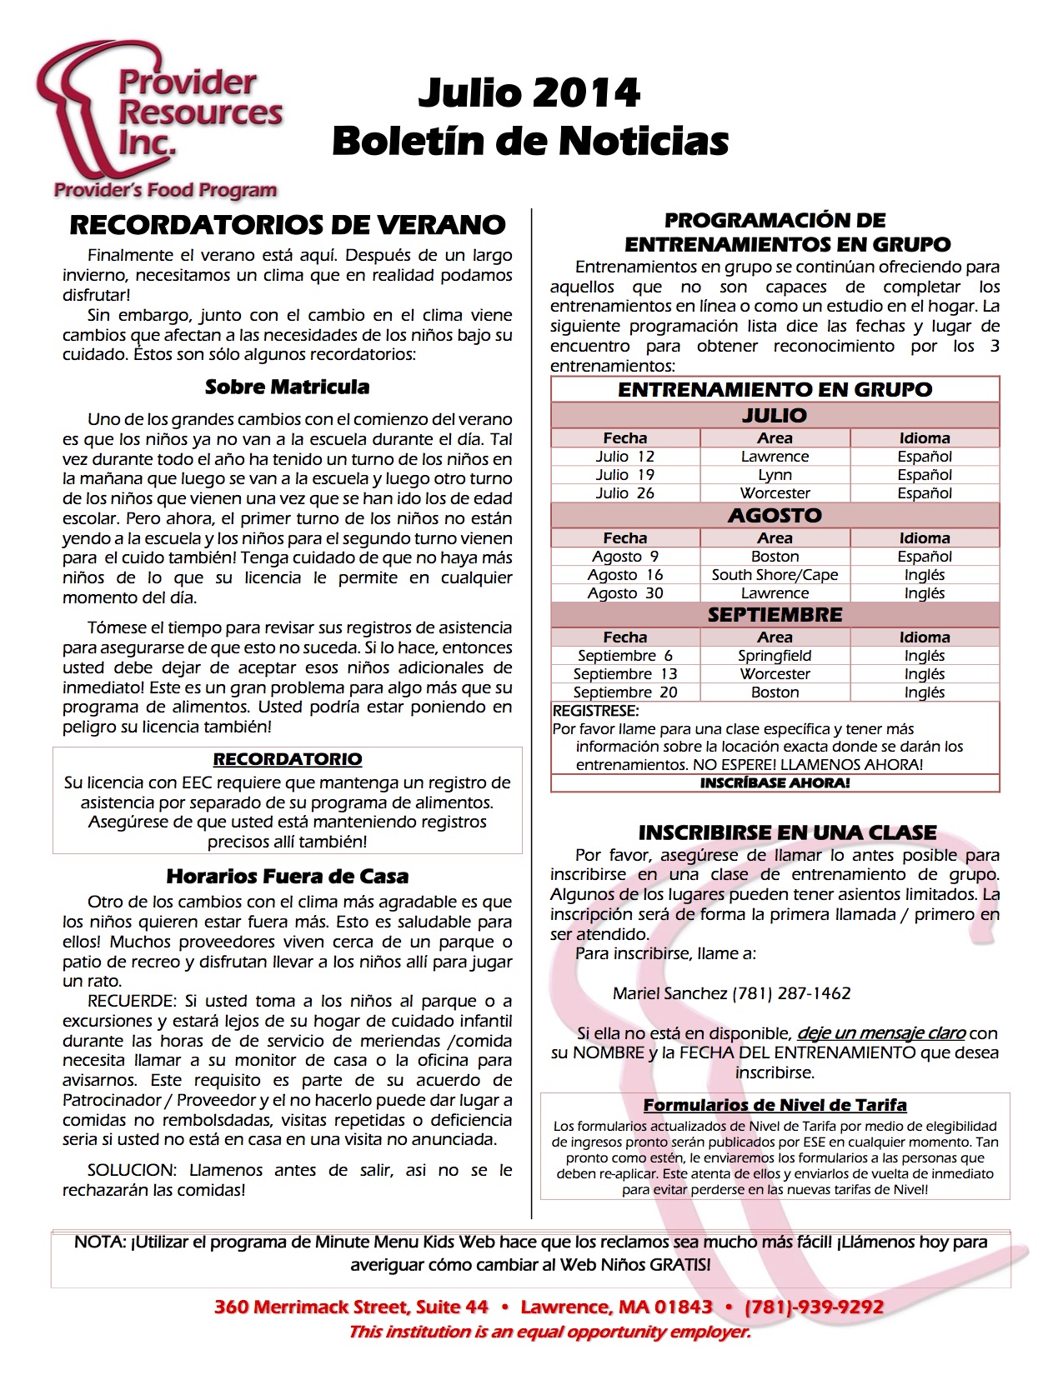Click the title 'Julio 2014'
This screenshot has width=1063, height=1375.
[x=529, y=92]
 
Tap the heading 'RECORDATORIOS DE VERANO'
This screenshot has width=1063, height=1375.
[x=288, y=225]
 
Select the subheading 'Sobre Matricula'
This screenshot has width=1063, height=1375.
[x=287, y=387]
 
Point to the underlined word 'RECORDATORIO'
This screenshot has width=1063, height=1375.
[x=288, y=759]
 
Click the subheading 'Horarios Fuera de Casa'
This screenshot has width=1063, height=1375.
[x=288, y=876]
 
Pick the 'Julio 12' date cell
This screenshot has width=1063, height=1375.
[x=624, y=457]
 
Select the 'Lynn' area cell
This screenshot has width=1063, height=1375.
[x=775, y=475]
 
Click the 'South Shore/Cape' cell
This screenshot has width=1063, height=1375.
[x=775, y=575]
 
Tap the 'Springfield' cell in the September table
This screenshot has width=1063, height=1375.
[x=775, y=656]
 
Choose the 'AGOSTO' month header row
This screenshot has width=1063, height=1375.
[x=775, y=516]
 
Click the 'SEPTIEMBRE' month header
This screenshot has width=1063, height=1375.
[x=775, y=615]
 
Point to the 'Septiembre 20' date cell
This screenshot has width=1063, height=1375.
[x=624, y=692]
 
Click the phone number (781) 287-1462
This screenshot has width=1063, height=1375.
[x=791, y=993]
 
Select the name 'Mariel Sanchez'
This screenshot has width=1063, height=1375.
[x=669, y=993]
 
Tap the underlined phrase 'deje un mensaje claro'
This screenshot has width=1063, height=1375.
[x=881, y=1033]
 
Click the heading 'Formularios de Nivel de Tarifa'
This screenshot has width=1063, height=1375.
[x=775, y=1105]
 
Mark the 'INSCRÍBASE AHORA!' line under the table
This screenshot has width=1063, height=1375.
[x=775, y=783]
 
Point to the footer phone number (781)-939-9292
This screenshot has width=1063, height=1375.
[x=814, y=1307]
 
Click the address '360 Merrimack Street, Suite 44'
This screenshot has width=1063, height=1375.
[x=351, y=1307]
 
